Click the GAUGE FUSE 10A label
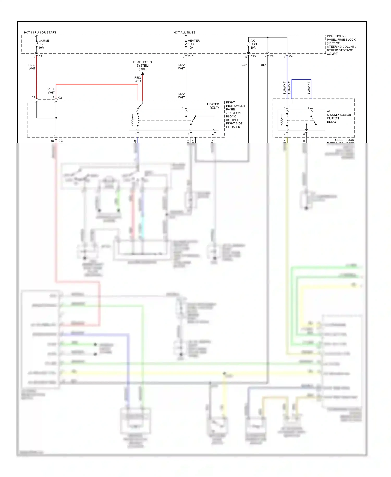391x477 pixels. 44,44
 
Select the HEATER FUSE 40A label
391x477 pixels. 193,44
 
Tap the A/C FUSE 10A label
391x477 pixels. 254,44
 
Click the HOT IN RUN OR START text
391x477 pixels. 40,33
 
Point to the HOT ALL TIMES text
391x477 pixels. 185,33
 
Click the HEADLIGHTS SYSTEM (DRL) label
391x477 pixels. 142,65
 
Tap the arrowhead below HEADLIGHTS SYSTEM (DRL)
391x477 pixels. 143,74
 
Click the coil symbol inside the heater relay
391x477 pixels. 133,120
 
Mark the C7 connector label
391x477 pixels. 40,56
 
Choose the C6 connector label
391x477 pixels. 272,56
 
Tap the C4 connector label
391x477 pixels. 291,56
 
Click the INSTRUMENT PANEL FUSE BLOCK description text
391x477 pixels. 341,45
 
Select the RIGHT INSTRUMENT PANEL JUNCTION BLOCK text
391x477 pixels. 235,115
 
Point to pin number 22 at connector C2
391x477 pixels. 34,97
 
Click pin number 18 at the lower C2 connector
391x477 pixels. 52,141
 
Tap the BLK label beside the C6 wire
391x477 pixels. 264,65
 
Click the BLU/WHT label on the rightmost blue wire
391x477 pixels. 309,88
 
